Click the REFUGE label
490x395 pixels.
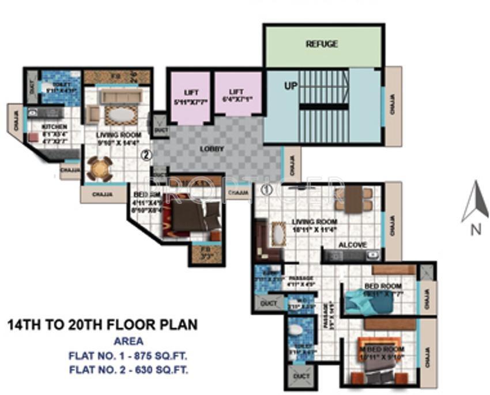(x=322, y=44)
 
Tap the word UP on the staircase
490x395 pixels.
(x=292, y=85)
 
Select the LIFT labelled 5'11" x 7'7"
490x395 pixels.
(x=190, y=96)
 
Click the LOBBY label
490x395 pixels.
(x=213, y=148)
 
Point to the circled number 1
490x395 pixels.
(x=266, y=188)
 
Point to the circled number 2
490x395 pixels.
(x=146, y=155)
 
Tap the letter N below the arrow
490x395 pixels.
(x=476, y=229)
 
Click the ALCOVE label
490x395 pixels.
(x=352, y=244)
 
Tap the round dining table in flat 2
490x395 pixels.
(x=100, y=169)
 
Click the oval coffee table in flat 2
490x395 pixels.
(x=120, y=114)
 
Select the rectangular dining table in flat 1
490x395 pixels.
(x=353, y=198)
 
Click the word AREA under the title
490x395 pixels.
(x=129, y=341)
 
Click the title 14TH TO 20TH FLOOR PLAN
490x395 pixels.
(x=102, y=325)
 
